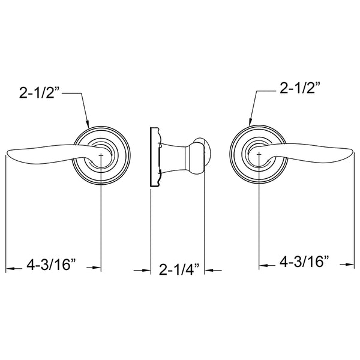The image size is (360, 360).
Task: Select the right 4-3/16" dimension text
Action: point(305,262)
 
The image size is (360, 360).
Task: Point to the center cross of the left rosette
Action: point(101,155)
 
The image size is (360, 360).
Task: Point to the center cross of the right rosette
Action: point(259,155)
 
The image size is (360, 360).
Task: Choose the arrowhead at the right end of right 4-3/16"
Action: point(350,263)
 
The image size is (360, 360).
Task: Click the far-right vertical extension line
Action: point(354,210)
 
